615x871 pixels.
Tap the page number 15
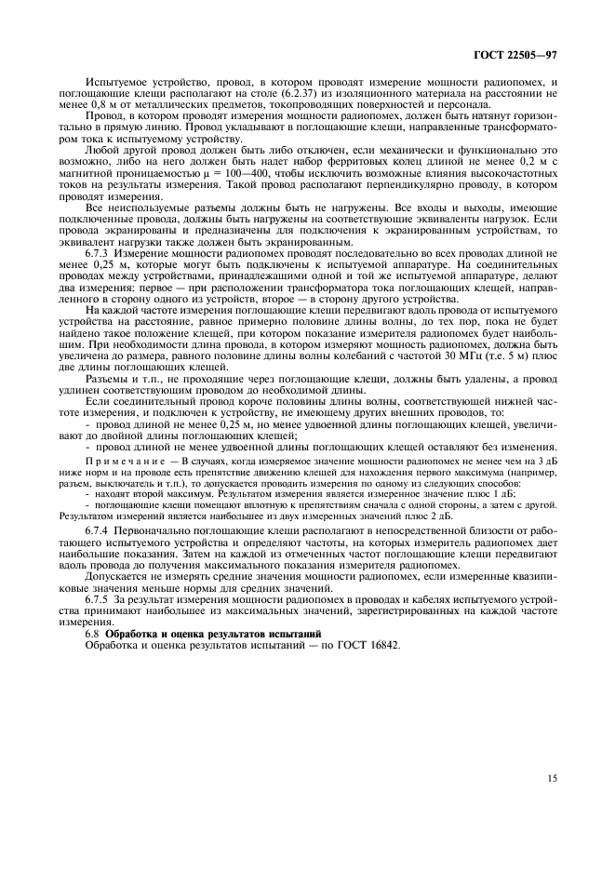coord(553,778)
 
